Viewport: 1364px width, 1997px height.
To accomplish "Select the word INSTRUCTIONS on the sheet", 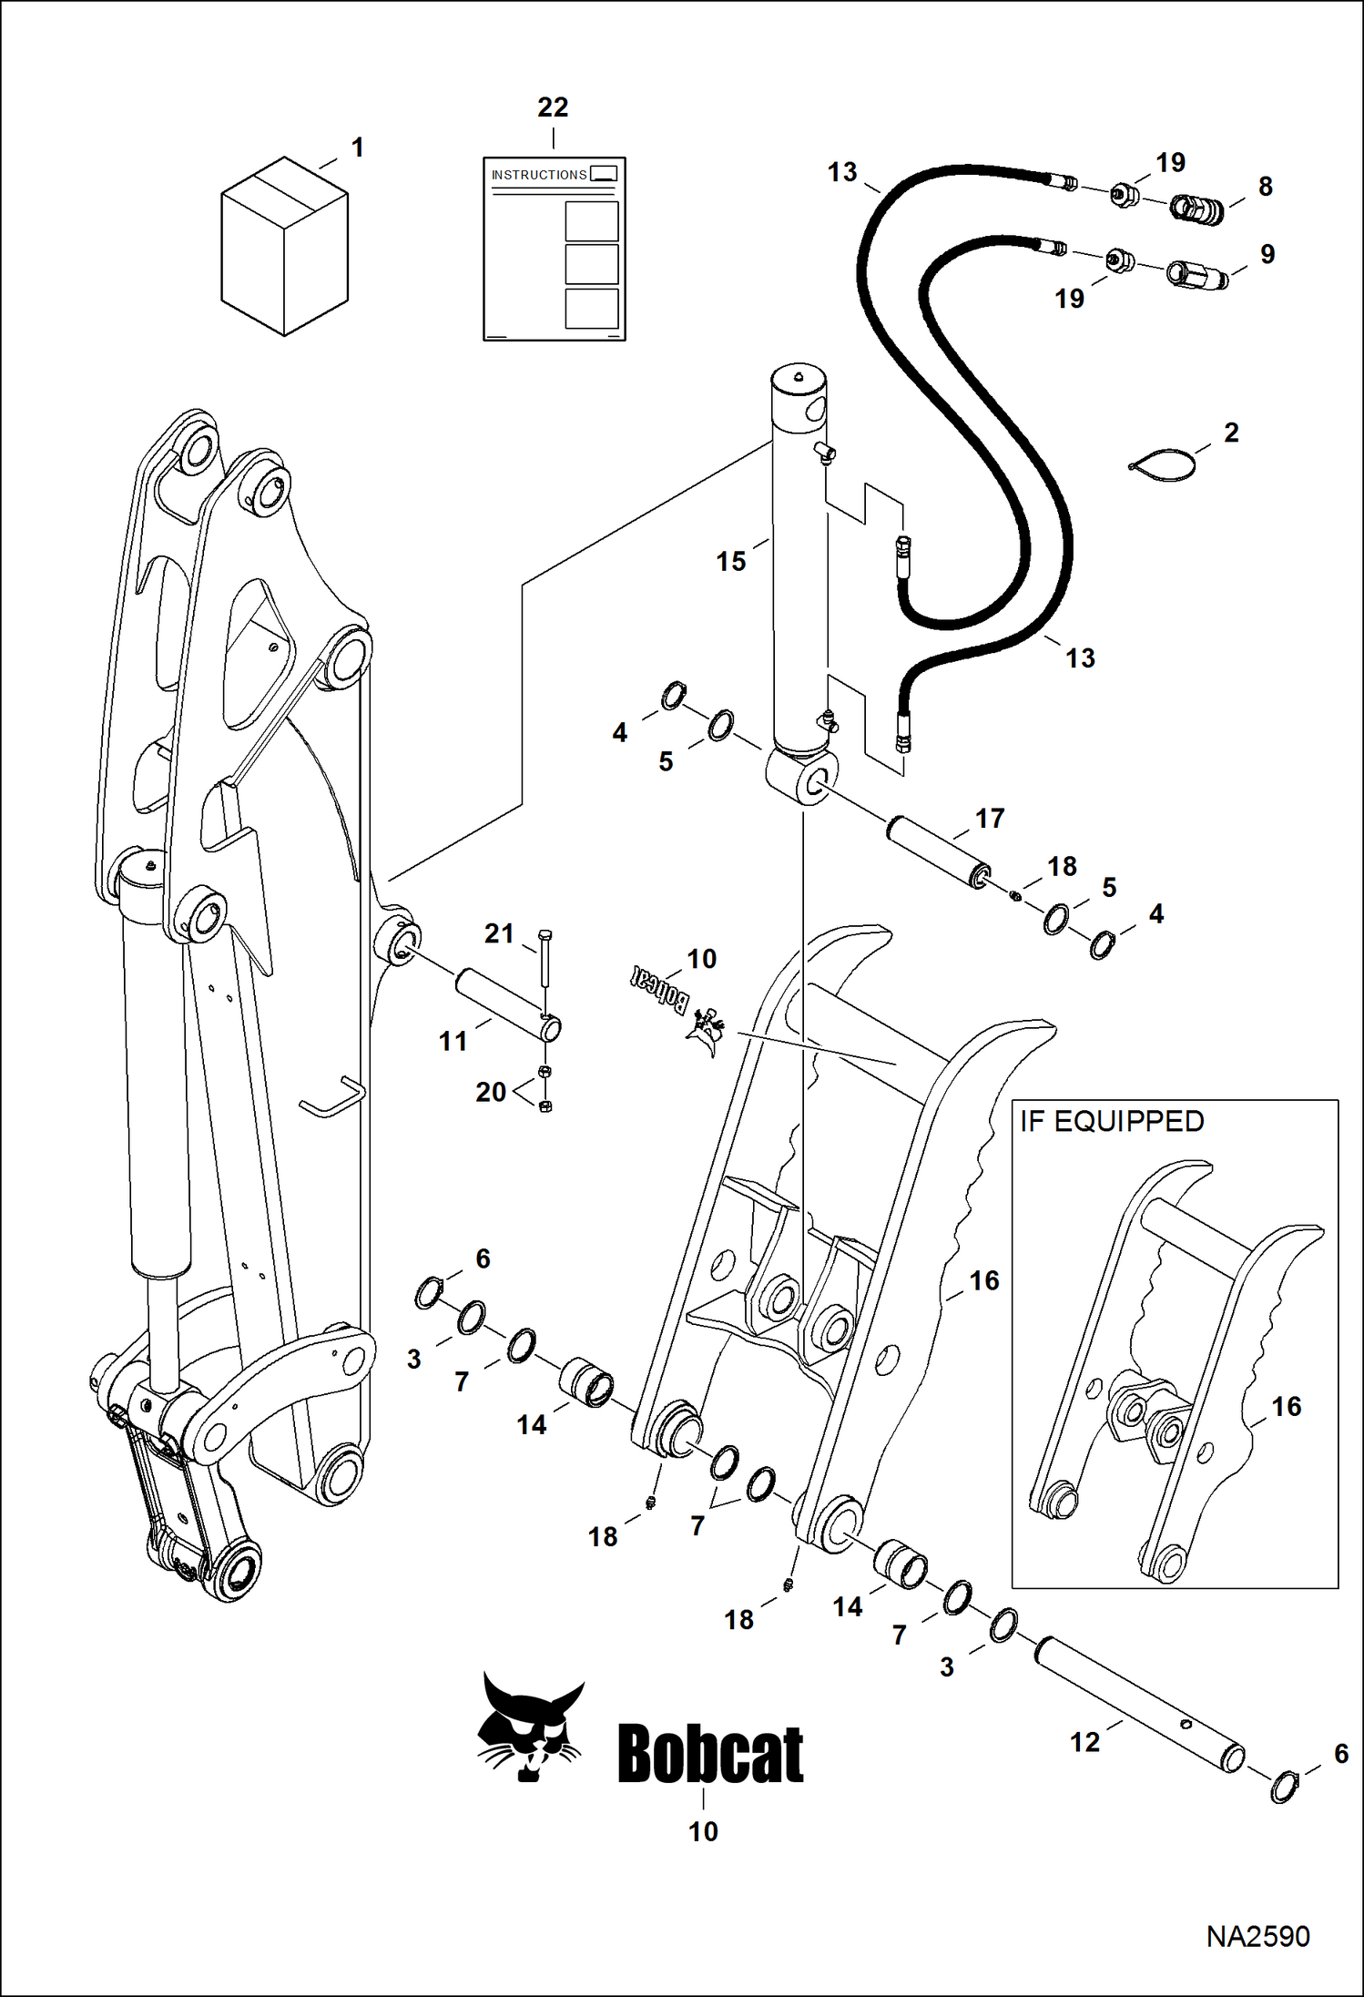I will [539, 175].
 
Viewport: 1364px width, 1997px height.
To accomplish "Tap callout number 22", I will [553, 107].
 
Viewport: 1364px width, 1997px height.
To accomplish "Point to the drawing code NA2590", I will [1257, 1936].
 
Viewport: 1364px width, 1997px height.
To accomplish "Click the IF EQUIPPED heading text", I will [1112, 1121].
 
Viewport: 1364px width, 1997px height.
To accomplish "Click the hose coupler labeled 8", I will [1196, 209].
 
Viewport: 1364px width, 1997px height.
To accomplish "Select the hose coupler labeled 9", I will [1196, 273].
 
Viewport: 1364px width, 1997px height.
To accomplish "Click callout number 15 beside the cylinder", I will [730, 562].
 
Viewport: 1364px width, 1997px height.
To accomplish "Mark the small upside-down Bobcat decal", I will [660, 989].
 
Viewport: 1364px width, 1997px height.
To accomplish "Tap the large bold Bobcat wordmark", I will [710, 1754].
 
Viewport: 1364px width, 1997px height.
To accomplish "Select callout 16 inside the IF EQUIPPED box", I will [1286, 1406].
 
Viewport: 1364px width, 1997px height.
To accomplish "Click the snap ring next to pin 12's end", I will [1283, 1787].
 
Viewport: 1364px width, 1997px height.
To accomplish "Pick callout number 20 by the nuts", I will [491, 1092].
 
